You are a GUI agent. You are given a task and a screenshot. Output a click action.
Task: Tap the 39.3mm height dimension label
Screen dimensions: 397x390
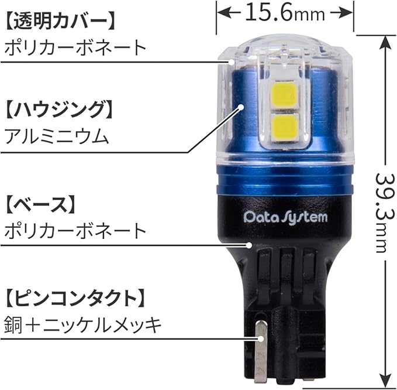(383, 212)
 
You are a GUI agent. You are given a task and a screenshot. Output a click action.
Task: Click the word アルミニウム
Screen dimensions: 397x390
(56, 137)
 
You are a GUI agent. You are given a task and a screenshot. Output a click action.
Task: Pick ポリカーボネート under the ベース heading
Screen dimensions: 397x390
(74, 231)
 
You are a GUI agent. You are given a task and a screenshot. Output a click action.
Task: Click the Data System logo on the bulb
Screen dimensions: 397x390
(285, 217)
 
